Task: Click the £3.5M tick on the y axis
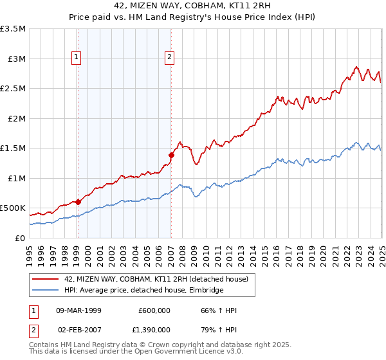pos(13,29)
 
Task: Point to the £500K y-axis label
pos(13,208)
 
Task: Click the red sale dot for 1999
pos(78,202)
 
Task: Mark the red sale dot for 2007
pos(171,155)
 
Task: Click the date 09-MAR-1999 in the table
pos(79,310)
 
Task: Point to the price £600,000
pos(154,310)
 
